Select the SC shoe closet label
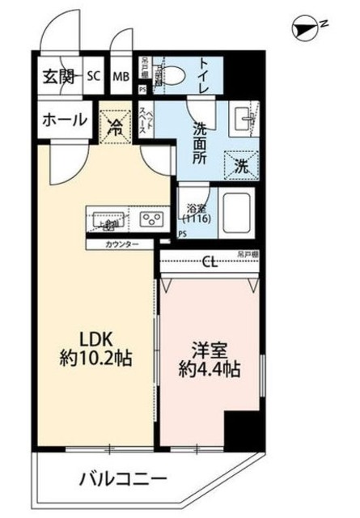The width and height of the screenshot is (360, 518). pos(93,78)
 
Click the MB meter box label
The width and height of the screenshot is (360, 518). pos(121,78)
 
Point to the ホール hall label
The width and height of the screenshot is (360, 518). pos(61,120)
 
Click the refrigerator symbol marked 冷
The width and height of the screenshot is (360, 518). pos(116,125)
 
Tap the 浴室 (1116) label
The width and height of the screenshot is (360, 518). pos(194,214)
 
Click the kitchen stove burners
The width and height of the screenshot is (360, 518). pos(151,219)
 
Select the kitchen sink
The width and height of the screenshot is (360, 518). pos(105,219)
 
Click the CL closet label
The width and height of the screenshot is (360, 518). pos(210,261)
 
